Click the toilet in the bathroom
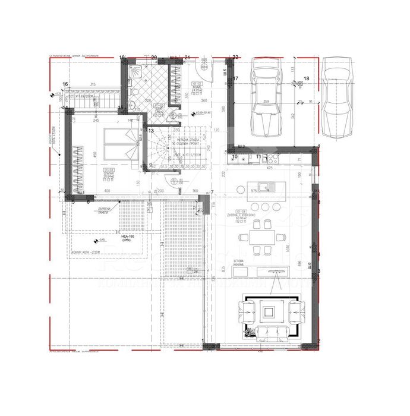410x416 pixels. pyautogui.click(x=134, y=84)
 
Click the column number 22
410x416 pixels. pyautogui.click(x=235, y=57)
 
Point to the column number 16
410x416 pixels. pyautogui.click(x=65, y=84)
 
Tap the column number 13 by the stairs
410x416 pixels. pyautogui.click(x=151, y=130)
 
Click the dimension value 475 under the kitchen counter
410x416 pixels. pyautogui.click(x=269, y=169)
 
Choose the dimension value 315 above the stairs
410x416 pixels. pyautogui.click(x=93, y=84)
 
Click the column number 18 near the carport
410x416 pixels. pyautogui.click(x=307, y=78)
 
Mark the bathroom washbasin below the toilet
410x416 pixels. pyautogui.click(x=135, y=99)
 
